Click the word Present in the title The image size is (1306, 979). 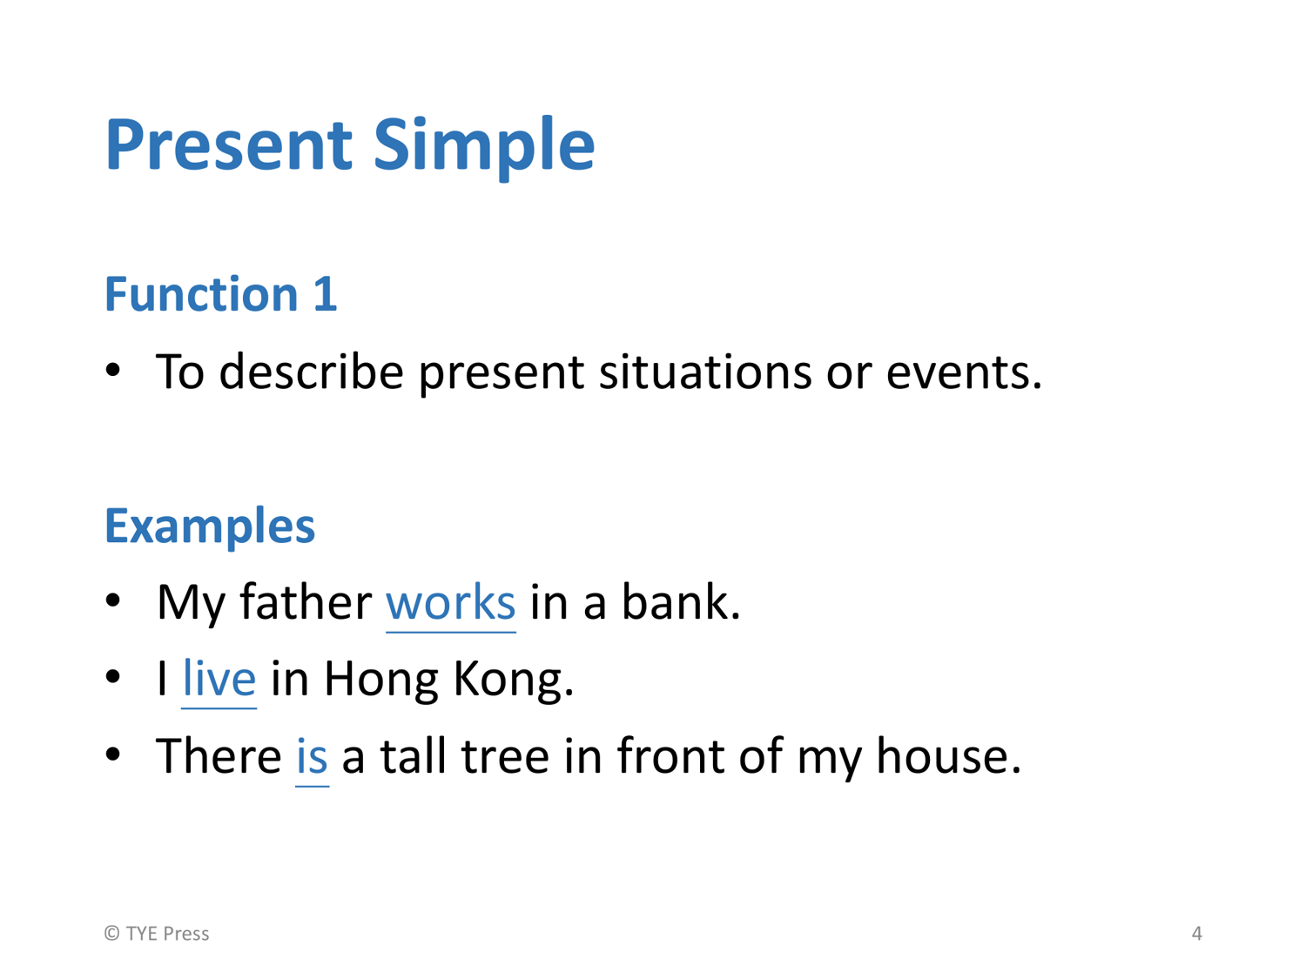pos(229,144)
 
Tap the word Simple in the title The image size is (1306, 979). pos(484,149)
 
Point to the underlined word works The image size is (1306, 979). pos(450,603)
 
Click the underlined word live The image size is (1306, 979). pos(219,678)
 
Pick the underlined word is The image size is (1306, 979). pos(312,756)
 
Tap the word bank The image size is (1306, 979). pos(681,601)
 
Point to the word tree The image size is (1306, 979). pos(505,756)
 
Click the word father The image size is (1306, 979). pos(306,601)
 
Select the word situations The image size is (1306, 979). pos(705,372)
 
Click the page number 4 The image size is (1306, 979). pos(1197,933)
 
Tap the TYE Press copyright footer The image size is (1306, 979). pos(157,933)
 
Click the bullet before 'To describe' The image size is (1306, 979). pos(112,371)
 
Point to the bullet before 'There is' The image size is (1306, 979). pos(112,754)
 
